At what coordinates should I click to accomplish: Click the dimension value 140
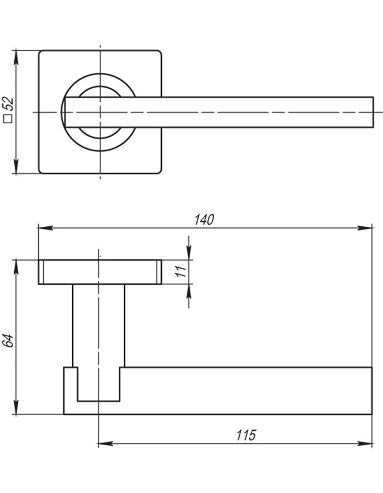click(x=204, y=220)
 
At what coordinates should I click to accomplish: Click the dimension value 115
click(x=246, y=435)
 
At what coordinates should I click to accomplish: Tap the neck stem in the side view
click(x=98, y=326)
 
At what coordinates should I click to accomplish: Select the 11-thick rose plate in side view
click(x=100, y=272)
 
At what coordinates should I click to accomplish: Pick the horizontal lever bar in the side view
click(x=246, y=391)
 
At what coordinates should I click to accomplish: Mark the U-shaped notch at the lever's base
click(x=98, y=387)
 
